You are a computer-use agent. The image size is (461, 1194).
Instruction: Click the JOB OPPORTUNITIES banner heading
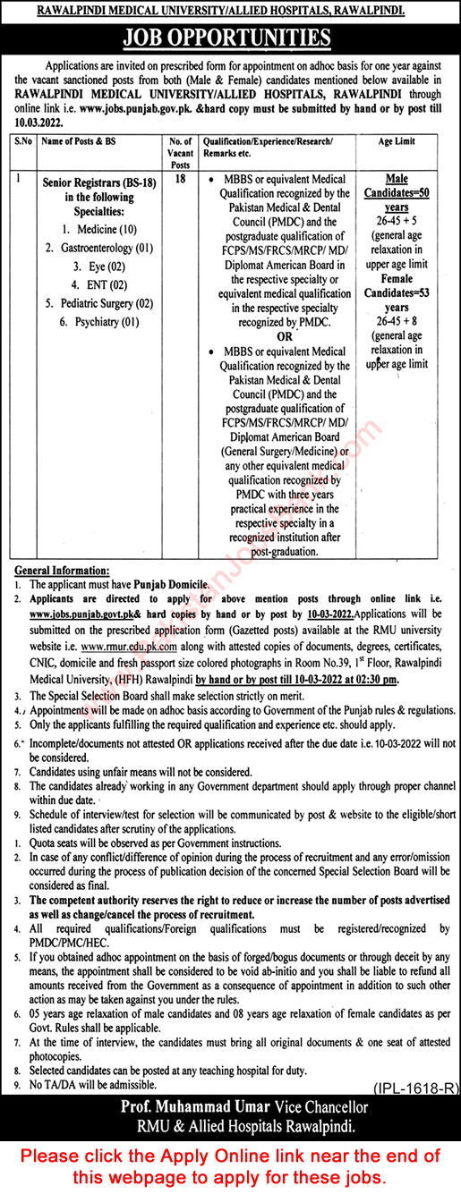tap(230, 38)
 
